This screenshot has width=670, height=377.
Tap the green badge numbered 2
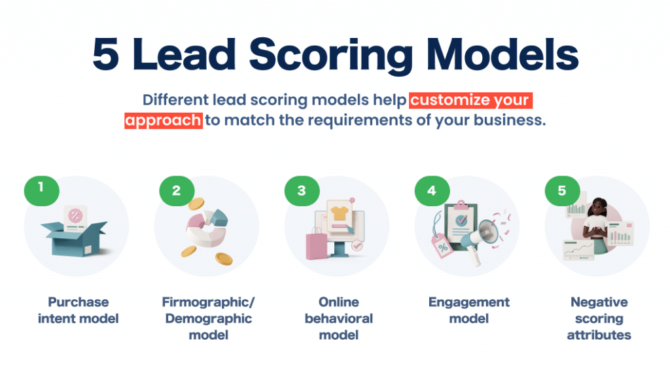coord(176,191)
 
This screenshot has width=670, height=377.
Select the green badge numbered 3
coord(301,191)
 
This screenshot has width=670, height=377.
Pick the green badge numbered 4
coord(431,191)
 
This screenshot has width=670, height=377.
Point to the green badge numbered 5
coord(561,191)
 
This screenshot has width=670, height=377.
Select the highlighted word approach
coord(163,121)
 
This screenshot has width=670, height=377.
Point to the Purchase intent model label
coord(78,310)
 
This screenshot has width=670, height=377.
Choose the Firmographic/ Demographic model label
coord(208,318)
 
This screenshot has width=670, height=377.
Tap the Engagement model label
coord(468,310)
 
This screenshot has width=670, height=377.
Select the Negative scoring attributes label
coord(599,318)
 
